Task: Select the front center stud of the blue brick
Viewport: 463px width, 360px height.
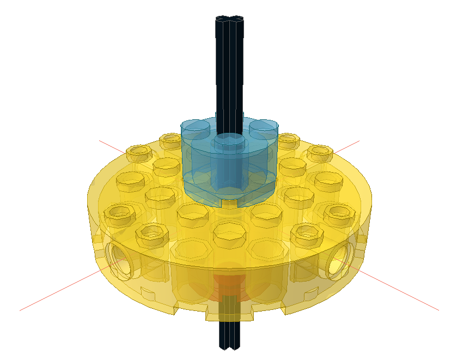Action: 229,143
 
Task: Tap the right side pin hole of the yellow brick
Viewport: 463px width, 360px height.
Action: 339,256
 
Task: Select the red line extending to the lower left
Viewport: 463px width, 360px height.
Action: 54,294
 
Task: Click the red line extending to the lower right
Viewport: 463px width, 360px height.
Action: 403,294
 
